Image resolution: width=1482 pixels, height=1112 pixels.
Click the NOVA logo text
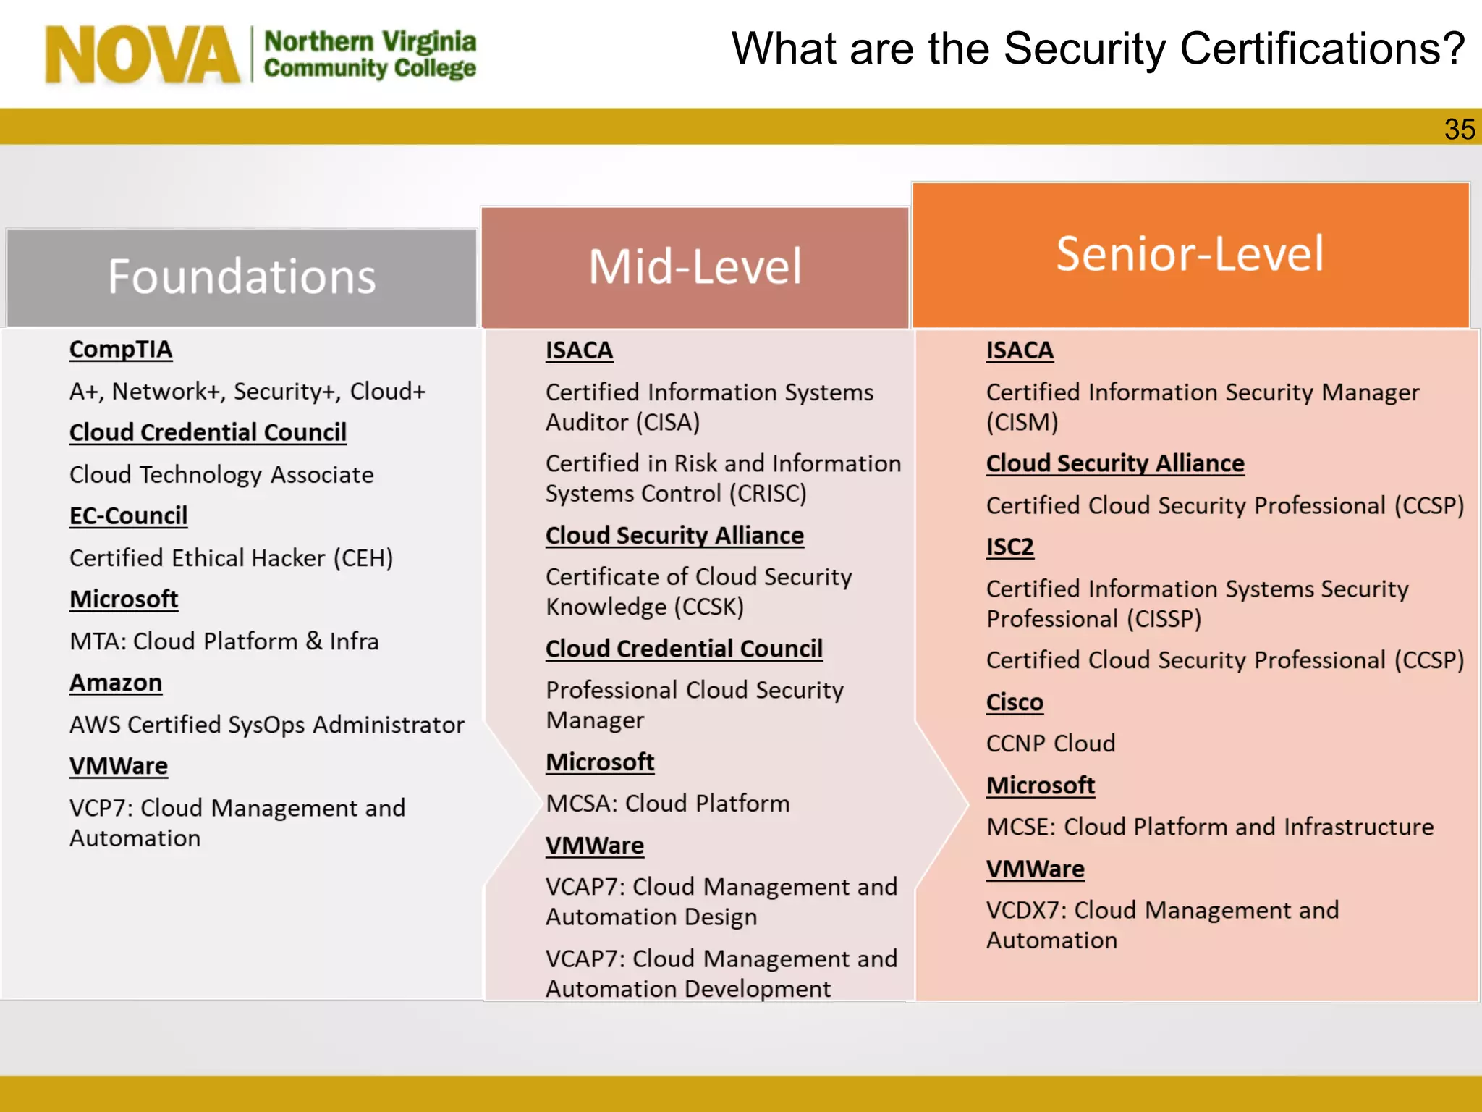pos(142,55)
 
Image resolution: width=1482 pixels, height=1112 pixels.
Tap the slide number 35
pos(1459,130)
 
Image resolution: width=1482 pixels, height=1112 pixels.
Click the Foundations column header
pos(242,277)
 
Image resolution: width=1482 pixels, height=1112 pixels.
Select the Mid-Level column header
pos(695,266)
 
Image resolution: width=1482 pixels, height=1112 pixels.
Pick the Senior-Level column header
pos(1190,253)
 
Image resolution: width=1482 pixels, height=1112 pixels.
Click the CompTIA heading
pos(121,350)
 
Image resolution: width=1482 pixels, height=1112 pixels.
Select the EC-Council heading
pos(128,516)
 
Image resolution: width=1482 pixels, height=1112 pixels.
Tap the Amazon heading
pos(116,683)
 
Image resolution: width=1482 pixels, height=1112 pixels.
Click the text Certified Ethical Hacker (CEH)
pos(231,558)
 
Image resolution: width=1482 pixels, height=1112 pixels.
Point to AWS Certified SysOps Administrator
pos(266,725)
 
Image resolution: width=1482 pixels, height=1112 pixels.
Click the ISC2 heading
pos(1009,547)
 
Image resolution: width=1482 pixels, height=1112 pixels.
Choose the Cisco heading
pos(1015,702)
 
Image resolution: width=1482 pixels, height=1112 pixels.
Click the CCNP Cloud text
pos(1051,744)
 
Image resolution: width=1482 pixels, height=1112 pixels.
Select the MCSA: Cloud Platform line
pos(667,804)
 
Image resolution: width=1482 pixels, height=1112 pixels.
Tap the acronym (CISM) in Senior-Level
pos(1022,422)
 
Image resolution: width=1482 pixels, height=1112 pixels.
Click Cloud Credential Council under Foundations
pos(208,433)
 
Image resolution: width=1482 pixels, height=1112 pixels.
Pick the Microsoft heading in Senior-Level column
pos(1041,785)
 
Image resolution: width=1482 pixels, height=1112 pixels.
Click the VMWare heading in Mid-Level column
pos(595,846)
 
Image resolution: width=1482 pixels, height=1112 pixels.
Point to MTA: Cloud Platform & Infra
pos(224,641)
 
